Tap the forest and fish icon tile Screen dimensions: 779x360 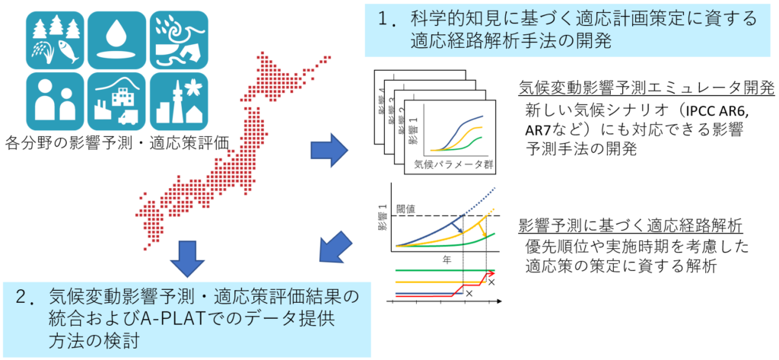point(55,40)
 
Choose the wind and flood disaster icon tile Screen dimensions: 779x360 point(179,40)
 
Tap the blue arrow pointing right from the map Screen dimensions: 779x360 point(329,150)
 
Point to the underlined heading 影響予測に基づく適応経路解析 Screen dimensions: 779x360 point(630,226)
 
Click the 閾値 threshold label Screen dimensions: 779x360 point(409,209)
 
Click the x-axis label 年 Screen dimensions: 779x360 point(447,260)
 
